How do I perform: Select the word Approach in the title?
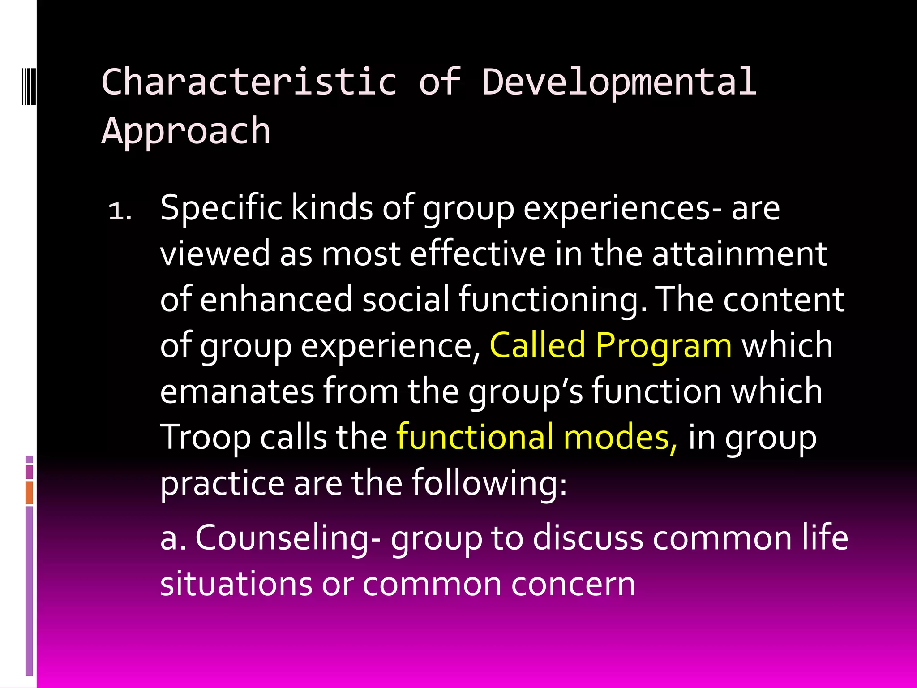coord(186,131)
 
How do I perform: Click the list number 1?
coord(120,211)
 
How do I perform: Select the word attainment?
coord(740,254)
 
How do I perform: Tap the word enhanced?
coord(276,300)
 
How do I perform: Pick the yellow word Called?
coord(537,345)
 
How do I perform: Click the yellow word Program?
coord(664,345)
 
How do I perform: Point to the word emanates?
coord(237,391)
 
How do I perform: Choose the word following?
coord(489,483)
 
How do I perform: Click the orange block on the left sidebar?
coord(29,492)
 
